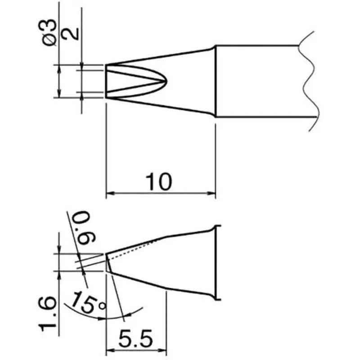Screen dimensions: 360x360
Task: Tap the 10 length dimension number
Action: [x=159, y=182]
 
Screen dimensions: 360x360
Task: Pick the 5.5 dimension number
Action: [x=136, y=338]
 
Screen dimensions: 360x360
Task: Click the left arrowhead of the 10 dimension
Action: [x=110, y=193]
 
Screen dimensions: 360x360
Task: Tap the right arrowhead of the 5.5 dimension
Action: [x=162, y=351]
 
